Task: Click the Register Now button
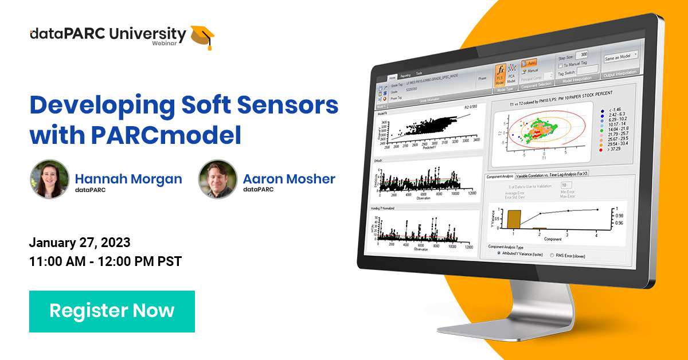pyautogui.click(x=112, y=311)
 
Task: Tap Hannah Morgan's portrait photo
pyautogui.click(x=49, y=179)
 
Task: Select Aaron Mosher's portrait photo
pyautogui.click(x=217, y=179)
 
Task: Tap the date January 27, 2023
pyautogui.click(x=80, y=241)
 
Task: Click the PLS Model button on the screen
pyautogui.click(x=499, y=75)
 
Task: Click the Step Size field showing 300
pyautogui.click(x=581, y=55)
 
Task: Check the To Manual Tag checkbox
pyautogui.click(x=560, y=64)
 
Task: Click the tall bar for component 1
pyautogui.click(x=513, y=220)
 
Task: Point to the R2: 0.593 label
pyautogui.click(x=471, y=107)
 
